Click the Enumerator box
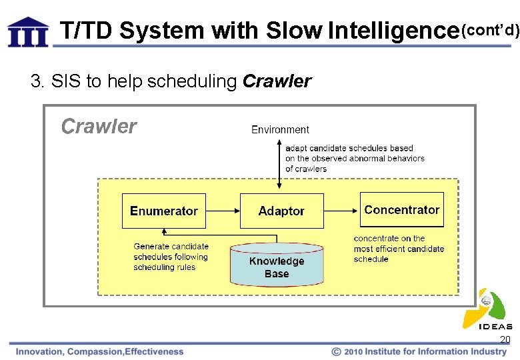[x=164, y=211]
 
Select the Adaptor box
[x=281, y=211]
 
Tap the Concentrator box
[x=401, y=210]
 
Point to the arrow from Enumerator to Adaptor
[x=223, y=211]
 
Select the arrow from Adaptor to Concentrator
[x=341, y=211]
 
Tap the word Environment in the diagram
[x=280, y=129]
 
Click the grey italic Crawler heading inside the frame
[x=99, y=127]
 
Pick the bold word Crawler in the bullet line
[x=277, y=81]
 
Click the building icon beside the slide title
[x=28, y=31]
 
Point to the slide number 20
[x=505, y=339]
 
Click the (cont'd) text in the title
[x=490, y=30]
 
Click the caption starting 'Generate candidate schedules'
[x=171, y=257]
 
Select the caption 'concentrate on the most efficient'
[x=399, y=249]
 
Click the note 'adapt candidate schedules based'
[x=355, y=159]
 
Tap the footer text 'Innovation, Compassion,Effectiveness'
[x=100, y=351]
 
